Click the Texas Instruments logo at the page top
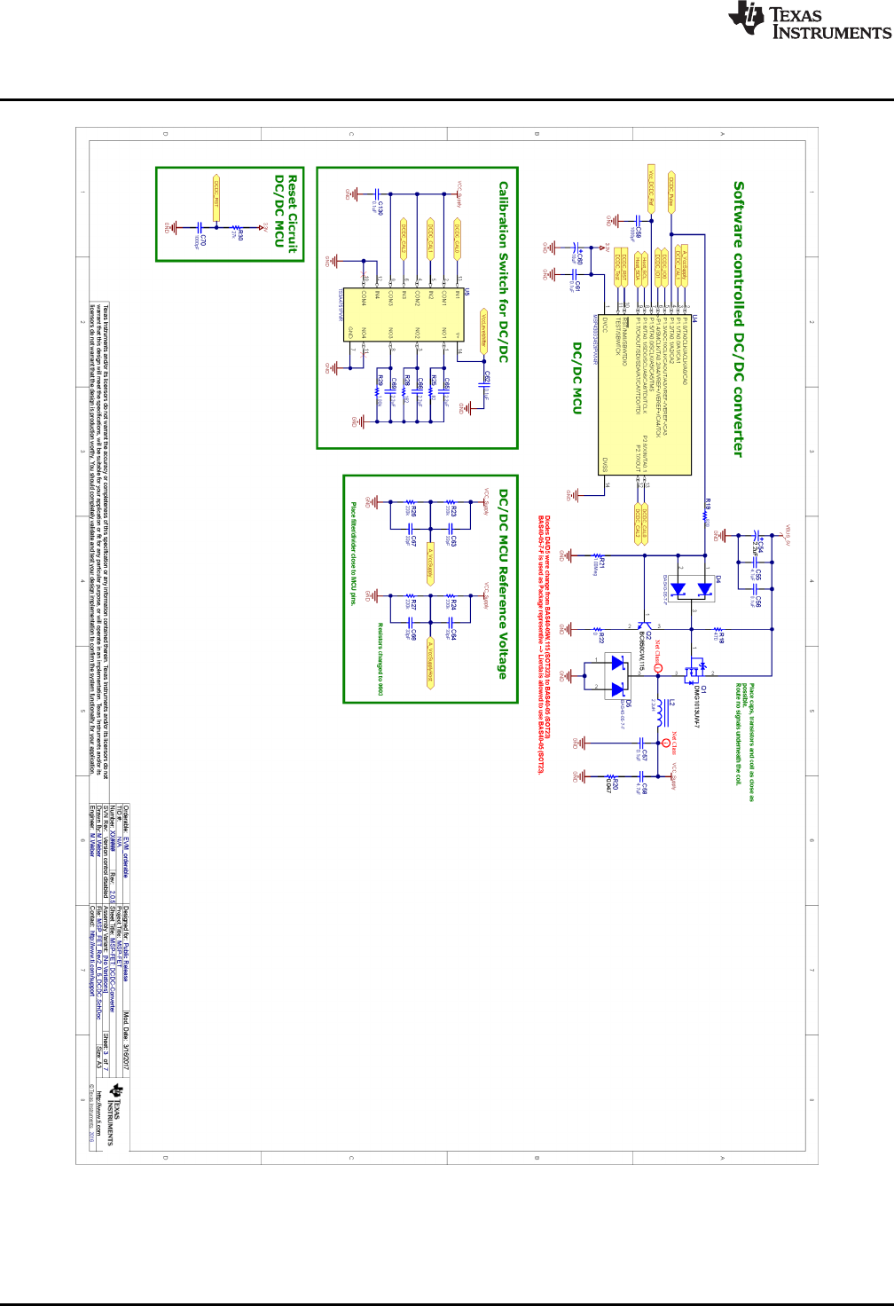click(809, 21)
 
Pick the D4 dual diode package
click(692, 589)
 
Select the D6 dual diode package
click(617, 675)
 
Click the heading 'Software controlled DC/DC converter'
click(738, 319)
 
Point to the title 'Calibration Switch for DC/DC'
click(503, 271)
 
